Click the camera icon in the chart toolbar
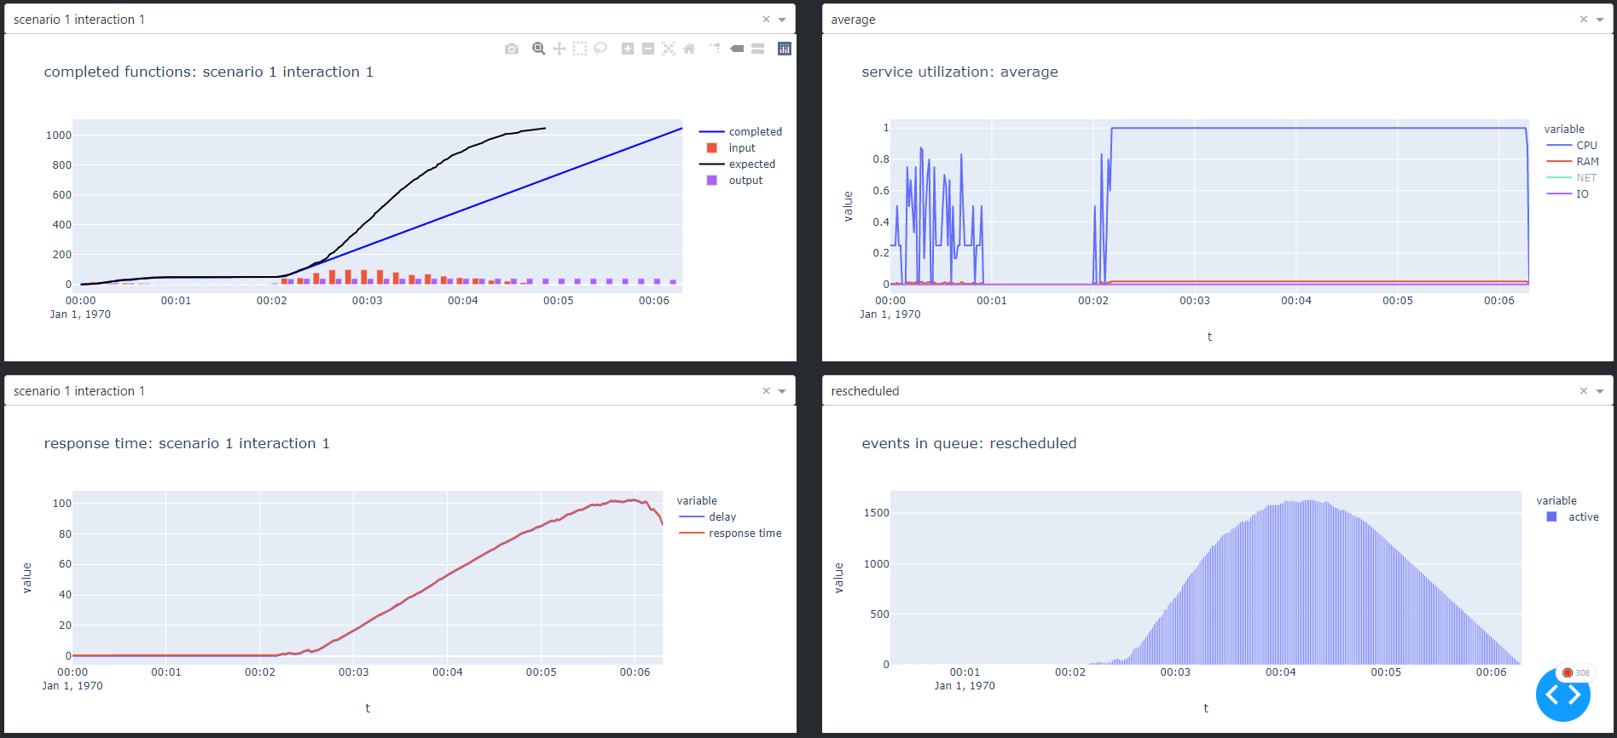coord(512,49)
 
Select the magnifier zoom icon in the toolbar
coord(539,49)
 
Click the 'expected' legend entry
coord(751,164)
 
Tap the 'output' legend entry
coord(745,181)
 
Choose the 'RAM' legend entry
coord(1586,162)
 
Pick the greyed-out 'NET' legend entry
coord(1585,178)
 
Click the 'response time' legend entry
coord(745,533)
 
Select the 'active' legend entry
coord(1583,517)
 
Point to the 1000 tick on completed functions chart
coord(59,135)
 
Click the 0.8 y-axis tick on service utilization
coord(881,159)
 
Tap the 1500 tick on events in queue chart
coord(876,513)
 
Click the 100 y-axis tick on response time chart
coord(62,504)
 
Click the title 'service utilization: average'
coord(959,72)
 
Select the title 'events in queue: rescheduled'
coord(969,444)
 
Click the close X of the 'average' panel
coord(1584,20)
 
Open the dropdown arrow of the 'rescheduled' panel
coord(1600,391)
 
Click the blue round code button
coord(1562,695)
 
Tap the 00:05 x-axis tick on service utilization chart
coord(1398,301)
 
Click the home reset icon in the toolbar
coord(689,49)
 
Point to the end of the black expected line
coord(545,129)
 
